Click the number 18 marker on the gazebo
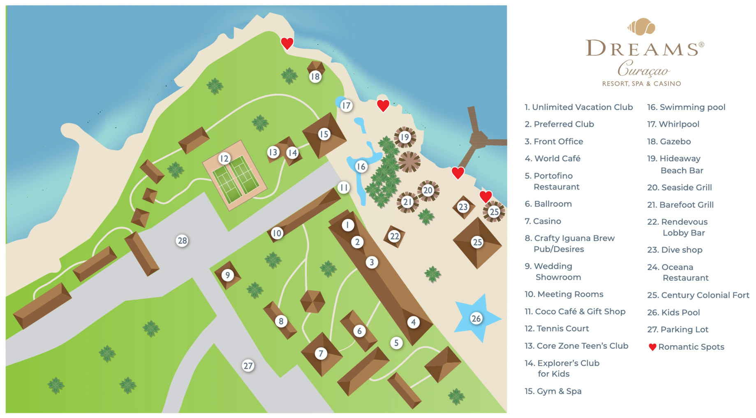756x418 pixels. (315, 77)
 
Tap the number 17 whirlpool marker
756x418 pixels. (347, 106)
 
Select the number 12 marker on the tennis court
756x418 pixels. (224, 158)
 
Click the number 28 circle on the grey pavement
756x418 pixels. (182, 241)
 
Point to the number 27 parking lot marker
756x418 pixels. (248, 366)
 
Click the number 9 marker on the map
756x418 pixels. (227, 275)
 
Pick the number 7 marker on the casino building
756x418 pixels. (321, 353)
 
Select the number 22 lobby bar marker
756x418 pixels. (394, 236)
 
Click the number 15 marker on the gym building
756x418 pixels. (324, 134)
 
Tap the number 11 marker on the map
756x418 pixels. (344, 188)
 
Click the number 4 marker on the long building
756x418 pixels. (414, 322)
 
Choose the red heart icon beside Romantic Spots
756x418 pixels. (652, 347)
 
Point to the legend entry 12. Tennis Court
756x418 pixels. (557, 329)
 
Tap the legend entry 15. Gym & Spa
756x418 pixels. (553, 391)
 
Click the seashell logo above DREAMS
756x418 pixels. (641, 27)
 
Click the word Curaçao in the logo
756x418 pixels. (643, 69)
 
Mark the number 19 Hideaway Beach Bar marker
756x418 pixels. (405, 137)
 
